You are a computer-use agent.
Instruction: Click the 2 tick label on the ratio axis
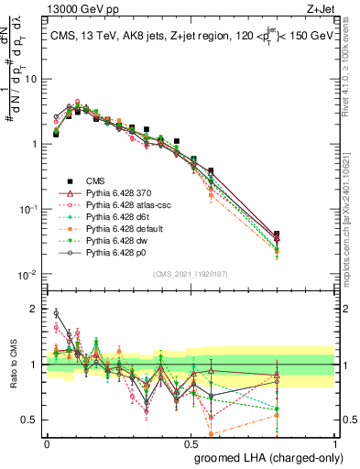pos(35,309)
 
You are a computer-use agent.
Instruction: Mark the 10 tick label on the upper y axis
pos(31,79)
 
